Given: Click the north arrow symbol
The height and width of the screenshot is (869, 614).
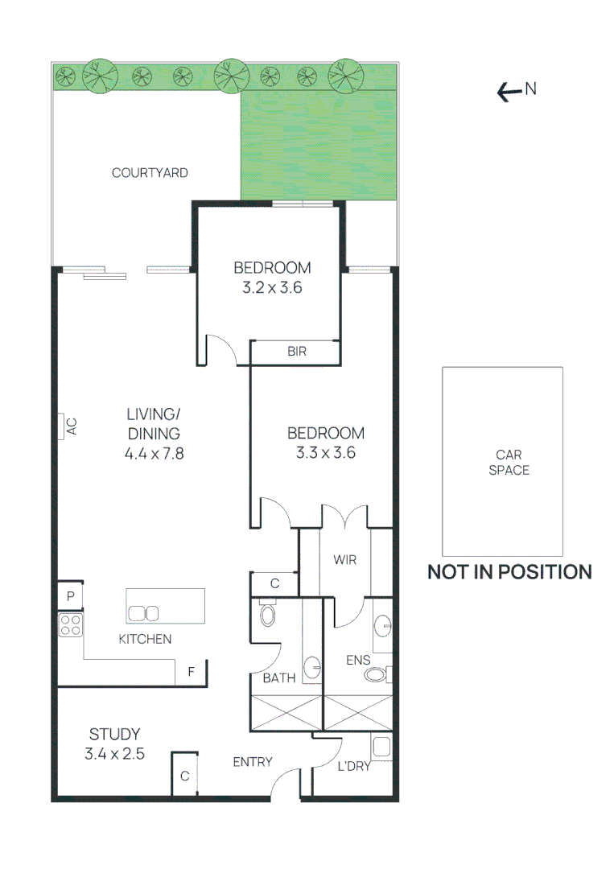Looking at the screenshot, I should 509,93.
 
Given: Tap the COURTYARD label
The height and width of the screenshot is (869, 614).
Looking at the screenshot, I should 150,172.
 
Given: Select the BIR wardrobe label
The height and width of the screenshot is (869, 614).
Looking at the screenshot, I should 296,352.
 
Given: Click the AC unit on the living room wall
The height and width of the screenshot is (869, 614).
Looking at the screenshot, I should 64,426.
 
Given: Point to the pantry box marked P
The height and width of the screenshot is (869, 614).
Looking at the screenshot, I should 71,596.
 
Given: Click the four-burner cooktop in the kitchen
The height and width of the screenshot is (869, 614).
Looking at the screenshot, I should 71,625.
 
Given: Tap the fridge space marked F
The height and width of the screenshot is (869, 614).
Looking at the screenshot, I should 191,671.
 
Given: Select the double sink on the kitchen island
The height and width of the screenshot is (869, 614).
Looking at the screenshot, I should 142,613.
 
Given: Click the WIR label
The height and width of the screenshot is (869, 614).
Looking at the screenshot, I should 344,560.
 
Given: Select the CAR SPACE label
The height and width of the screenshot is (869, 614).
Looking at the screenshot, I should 509,462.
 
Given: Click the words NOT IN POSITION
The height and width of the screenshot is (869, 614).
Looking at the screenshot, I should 509,572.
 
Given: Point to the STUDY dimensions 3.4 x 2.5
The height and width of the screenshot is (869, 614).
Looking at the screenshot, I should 114,754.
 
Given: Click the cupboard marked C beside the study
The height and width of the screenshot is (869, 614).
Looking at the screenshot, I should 184,776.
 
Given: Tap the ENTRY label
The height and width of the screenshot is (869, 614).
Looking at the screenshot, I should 253,762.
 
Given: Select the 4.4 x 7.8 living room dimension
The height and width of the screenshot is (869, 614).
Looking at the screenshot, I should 154,453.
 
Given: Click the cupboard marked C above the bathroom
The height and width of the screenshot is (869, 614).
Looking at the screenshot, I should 274,583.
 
